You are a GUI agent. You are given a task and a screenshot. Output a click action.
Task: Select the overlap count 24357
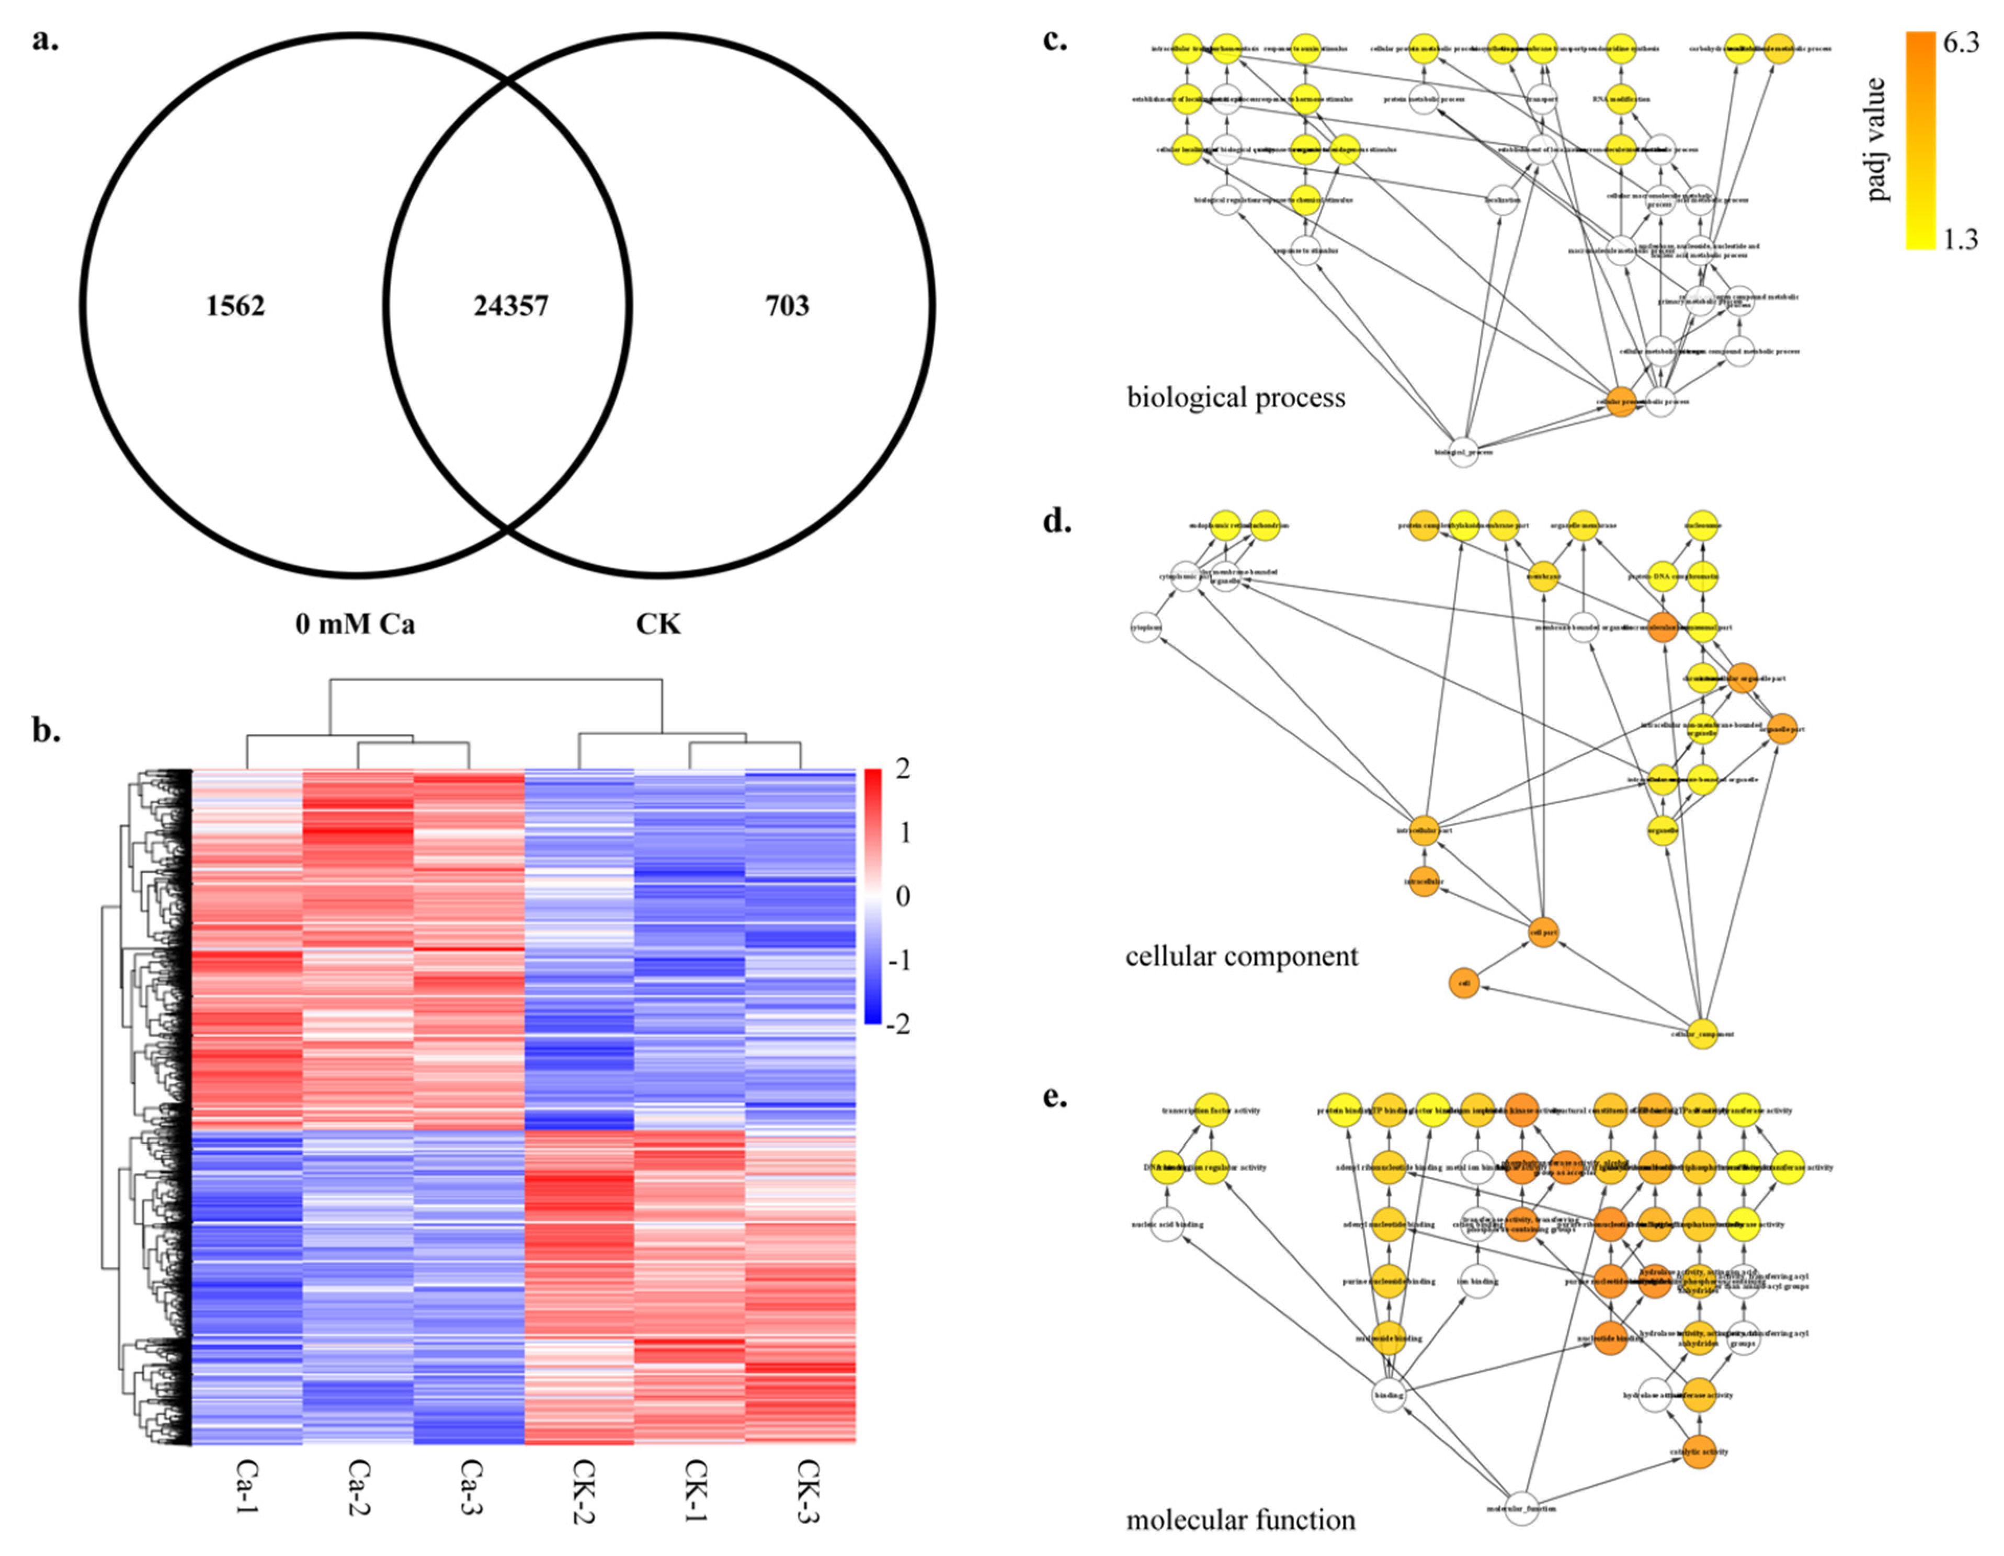tap(511, 305)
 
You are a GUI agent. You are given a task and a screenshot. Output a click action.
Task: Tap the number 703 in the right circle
tap(787, 305)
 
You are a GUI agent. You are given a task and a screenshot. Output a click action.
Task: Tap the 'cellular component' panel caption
tap(1242, 957)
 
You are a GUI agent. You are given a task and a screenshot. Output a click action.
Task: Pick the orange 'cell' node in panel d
tap(1464, 983)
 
